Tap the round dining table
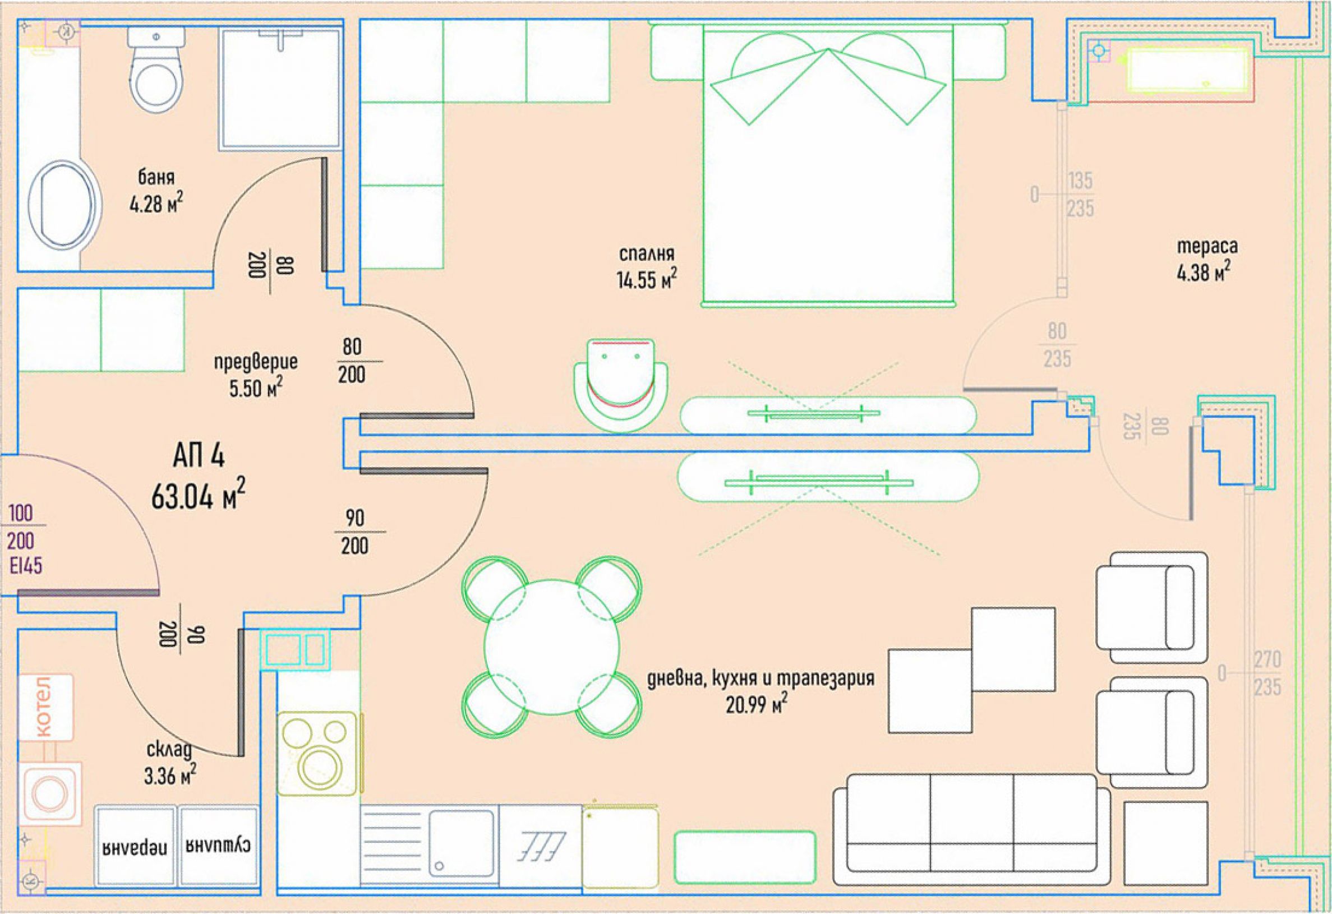pos(551,647)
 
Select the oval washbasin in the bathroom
pos(62,207)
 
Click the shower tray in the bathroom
pos(281,89)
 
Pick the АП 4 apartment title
pos(199,456)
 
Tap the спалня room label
pos(647,253)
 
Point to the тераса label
pos(1207,246)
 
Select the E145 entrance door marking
pos(26,566)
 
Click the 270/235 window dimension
pos(1266,673)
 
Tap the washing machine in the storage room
pos(50,793)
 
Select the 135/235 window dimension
pos(1080,195)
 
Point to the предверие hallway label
pos(256,362)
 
